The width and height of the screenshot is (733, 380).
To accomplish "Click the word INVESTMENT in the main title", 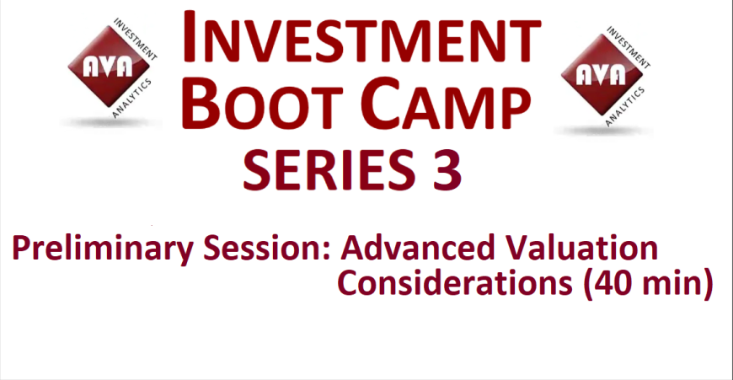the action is pyautogui.click(x=361, y=36).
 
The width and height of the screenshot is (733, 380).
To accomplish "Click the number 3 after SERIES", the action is pyautogui.click(x=447, y=169).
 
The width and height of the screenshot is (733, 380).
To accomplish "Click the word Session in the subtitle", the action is pyautogui.click(x=262, y=248).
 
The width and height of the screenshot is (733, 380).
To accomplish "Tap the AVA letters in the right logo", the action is pyautogui.click(x=601, y=75).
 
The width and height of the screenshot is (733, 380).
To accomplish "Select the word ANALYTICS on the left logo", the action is pyautogui.click(x=132, y=98).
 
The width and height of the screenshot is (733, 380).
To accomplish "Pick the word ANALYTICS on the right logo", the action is pyautogui.click(x=626, y=106).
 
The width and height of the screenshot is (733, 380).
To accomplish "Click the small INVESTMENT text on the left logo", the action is pyautogui.click(x=136, y=40).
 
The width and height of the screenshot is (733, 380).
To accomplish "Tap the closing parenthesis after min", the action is pyautogui.click(x=707, y=284).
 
